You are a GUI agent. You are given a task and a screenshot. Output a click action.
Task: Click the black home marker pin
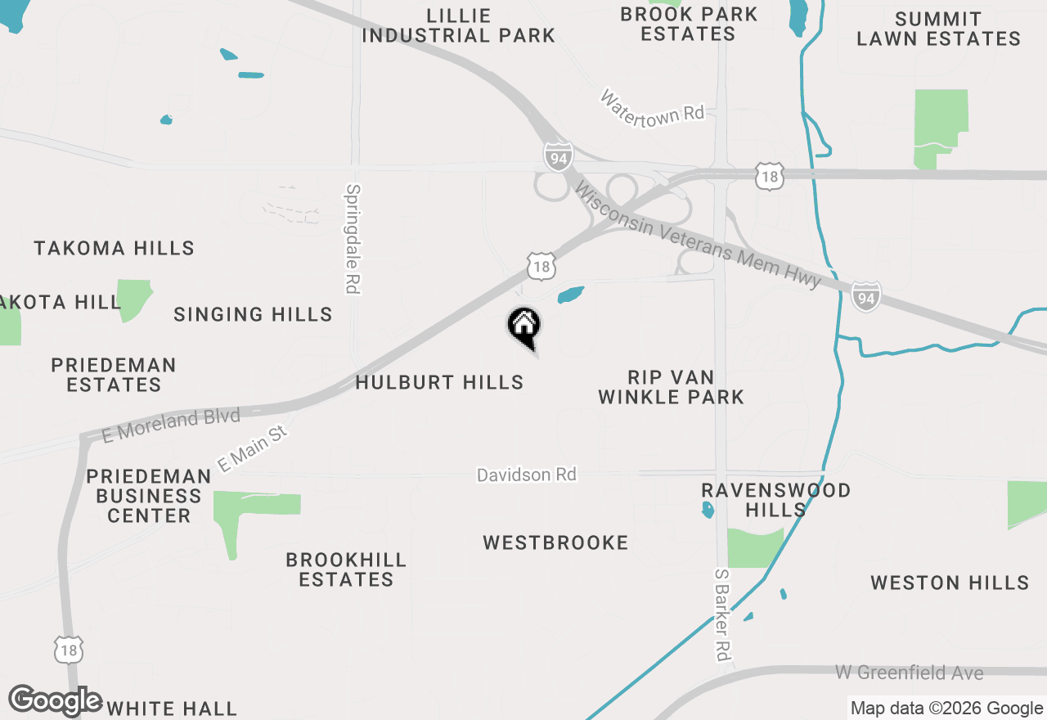tap(523, 326)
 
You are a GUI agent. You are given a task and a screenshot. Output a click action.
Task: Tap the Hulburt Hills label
tap(439, 382)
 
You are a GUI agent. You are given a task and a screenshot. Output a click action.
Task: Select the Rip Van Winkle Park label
tap(671, 387)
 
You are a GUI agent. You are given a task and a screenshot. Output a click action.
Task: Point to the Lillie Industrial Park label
tap(458, 25)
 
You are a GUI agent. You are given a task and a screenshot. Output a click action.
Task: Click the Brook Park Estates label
tap(689, 24)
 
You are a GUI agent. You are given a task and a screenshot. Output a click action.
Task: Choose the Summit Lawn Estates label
tap(938, 29)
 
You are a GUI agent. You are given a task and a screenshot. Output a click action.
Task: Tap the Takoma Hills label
tap(114, 248)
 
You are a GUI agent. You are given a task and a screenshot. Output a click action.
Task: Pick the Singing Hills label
tap(253, 314)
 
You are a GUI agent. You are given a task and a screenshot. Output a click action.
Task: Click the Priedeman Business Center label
tap(148, 496)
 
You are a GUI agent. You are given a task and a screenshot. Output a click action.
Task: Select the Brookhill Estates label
tap(346, 569)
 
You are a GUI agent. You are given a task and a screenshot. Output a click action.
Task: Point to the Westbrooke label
tap(555, 542)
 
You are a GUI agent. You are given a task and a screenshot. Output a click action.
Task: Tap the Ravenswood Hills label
tap(775, 500)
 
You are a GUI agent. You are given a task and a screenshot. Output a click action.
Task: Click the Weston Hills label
tap(950, 583)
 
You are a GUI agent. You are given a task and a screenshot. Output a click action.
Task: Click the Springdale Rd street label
tap(353, 238)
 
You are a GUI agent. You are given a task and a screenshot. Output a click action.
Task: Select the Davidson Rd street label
tap(526, 475)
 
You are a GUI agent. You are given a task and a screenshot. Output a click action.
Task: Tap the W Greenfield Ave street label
tap(909, 673)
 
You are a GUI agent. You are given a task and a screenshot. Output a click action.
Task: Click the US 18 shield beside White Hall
tap(69, 650)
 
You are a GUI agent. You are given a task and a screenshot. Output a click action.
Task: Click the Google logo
tap(56, 700)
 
